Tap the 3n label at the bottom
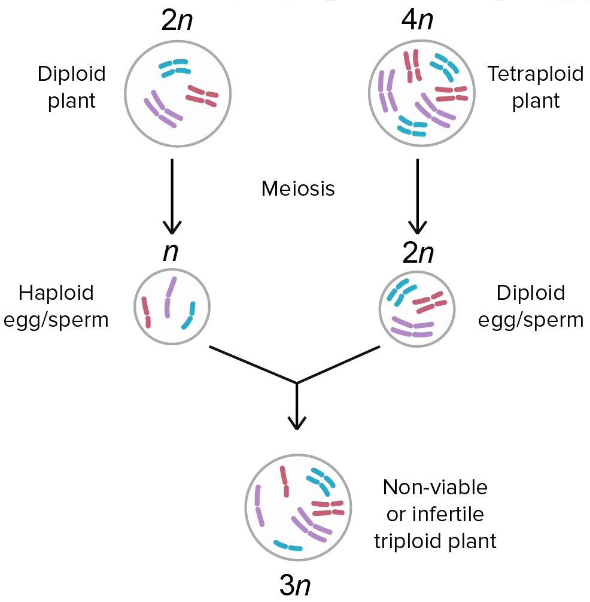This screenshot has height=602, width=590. [295, 585]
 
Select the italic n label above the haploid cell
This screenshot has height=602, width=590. [171, 252]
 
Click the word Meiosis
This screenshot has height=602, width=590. [298, 189]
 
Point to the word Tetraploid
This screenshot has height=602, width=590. [535, 74]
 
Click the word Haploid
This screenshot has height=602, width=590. [56, 293]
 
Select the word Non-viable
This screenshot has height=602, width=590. [435, 487]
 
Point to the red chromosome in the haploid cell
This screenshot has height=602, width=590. [146, 312]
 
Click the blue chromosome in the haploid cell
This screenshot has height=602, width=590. [189, 315]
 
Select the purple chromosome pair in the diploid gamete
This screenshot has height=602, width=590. [412, 327]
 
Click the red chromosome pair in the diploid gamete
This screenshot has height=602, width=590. [428, 303]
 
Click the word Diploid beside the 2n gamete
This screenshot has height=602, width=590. [531, 293]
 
